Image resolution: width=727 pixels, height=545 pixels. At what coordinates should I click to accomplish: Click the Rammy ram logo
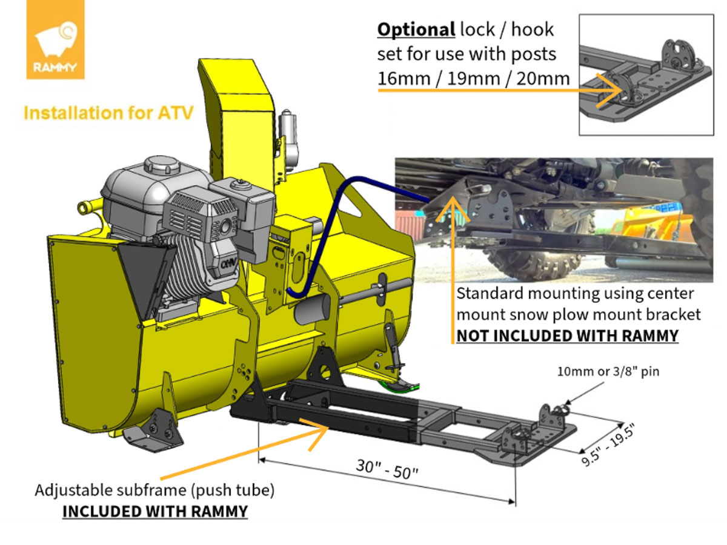[x=55, y=40]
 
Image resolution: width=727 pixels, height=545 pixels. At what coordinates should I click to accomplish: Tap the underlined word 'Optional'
[x=416, y=29]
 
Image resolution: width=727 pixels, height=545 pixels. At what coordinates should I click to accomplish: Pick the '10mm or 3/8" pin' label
[x=608, y=371]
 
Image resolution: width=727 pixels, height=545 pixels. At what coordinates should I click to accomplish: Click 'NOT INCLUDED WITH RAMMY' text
[x=567, y=335]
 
